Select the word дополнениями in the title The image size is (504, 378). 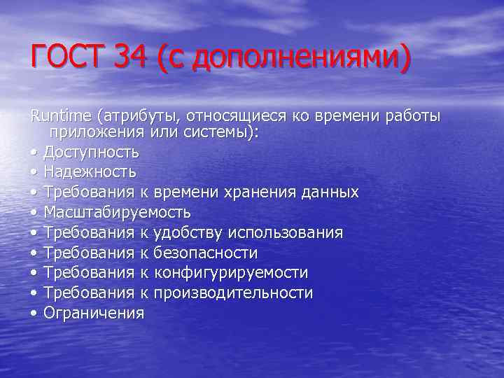tap(295, 57)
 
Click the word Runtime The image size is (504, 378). tap(62, 115)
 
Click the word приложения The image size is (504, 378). tap(94, 132)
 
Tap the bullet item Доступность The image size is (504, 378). tap(91, 152)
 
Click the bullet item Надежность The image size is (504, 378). tap(90, 171)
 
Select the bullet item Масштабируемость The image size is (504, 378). tap(117, 212)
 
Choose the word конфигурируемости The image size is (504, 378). tap(230, 273)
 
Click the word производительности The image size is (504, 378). tap(233, 293)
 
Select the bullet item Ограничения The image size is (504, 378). tap(94, 313)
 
